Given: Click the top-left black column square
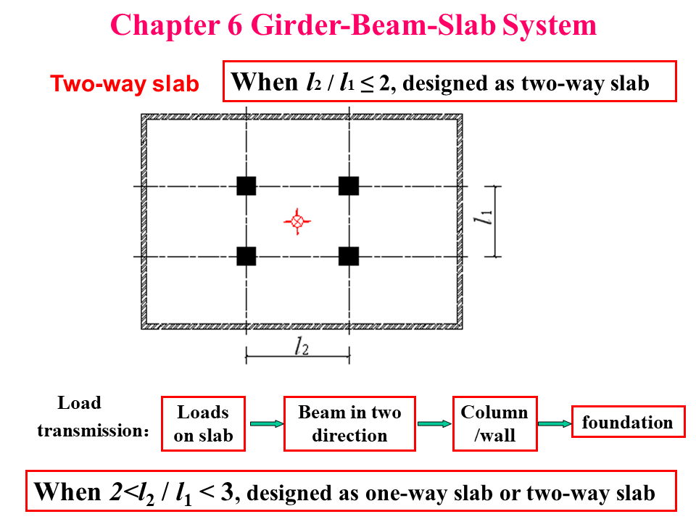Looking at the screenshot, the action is click(246, 186).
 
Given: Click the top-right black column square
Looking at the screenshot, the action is click(349, 186).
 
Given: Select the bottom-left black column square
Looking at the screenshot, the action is click(246, 256).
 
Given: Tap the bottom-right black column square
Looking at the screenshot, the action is click(349, 256).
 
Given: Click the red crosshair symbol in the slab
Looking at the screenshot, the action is click(296, 221).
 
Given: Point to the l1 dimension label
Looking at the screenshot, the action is click(488, 218).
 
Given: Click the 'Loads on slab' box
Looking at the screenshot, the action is click(203, 423).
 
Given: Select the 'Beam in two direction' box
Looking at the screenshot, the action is click(349, 423).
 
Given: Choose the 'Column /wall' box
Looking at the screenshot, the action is click(494, 423).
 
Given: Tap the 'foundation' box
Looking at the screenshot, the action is click(627, 422).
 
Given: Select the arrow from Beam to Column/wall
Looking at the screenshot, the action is click(434, 423).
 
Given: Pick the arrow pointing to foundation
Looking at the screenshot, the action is click(554, 423).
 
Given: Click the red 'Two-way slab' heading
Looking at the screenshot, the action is click(124, 84).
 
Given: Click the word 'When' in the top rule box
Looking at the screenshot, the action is click(265, 81).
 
